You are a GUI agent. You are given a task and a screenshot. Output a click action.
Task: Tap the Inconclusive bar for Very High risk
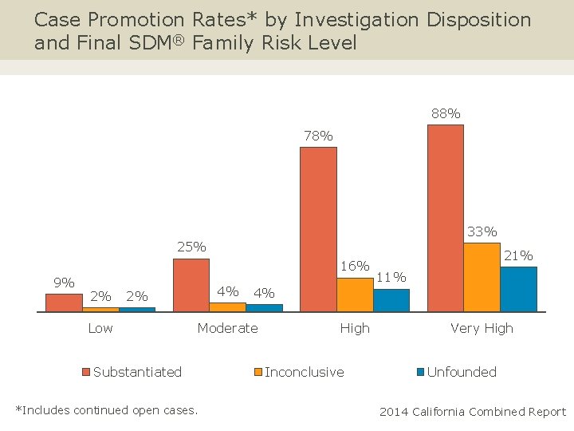click(x=482, y=276)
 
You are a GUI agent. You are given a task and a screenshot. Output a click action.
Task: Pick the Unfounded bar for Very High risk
click(x=518, y=288)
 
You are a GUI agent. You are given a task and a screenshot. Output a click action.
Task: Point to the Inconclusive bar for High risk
click(x=355, y=294)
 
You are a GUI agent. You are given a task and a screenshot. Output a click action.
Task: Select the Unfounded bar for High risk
click(x=391, y=299)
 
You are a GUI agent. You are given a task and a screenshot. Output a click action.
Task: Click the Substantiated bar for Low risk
click(x=64, y=302)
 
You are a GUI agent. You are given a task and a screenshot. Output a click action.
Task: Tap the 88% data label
click(x=446, y=114)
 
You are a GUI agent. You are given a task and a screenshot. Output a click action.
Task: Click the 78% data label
click(x=318, y=136)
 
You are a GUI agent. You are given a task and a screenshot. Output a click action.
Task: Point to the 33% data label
click(x=482, y=231)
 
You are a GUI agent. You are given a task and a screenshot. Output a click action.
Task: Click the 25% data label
click(x=191, y=247)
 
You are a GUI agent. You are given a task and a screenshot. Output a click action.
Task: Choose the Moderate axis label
click(x=227, y=328)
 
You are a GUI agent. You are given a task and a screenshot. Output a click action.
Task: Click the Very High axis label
click(x=482, y=328)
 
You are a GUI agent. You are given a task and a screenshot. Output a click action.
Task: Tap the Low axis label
click(x=100, y=328)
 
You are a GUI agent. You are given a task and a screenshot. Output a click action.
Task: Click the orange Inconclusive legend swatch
click(x=258, y=373)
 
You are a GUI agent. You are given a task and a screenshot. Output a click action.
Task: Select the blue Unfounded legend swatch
click(x=421, y=373)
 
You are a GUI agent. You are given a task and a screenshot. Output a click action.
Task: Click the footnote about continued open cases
click(x=107, y=410)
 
